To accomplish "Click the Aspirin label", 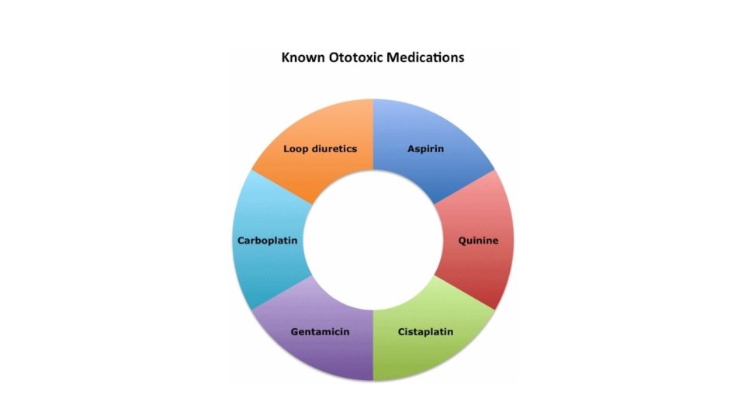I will tap(425, 148).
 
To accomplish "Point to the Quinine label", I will tap(476, 241).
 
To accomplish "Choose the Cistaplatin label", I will tap(425, 332).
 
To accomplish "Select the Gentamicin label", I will tap(320, 332).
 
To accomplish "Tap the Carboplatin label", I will tap(268, 241).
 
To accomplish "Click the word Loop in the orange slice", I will tap(296, 148).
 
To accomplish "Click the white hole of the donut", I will tap(372, 241).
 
